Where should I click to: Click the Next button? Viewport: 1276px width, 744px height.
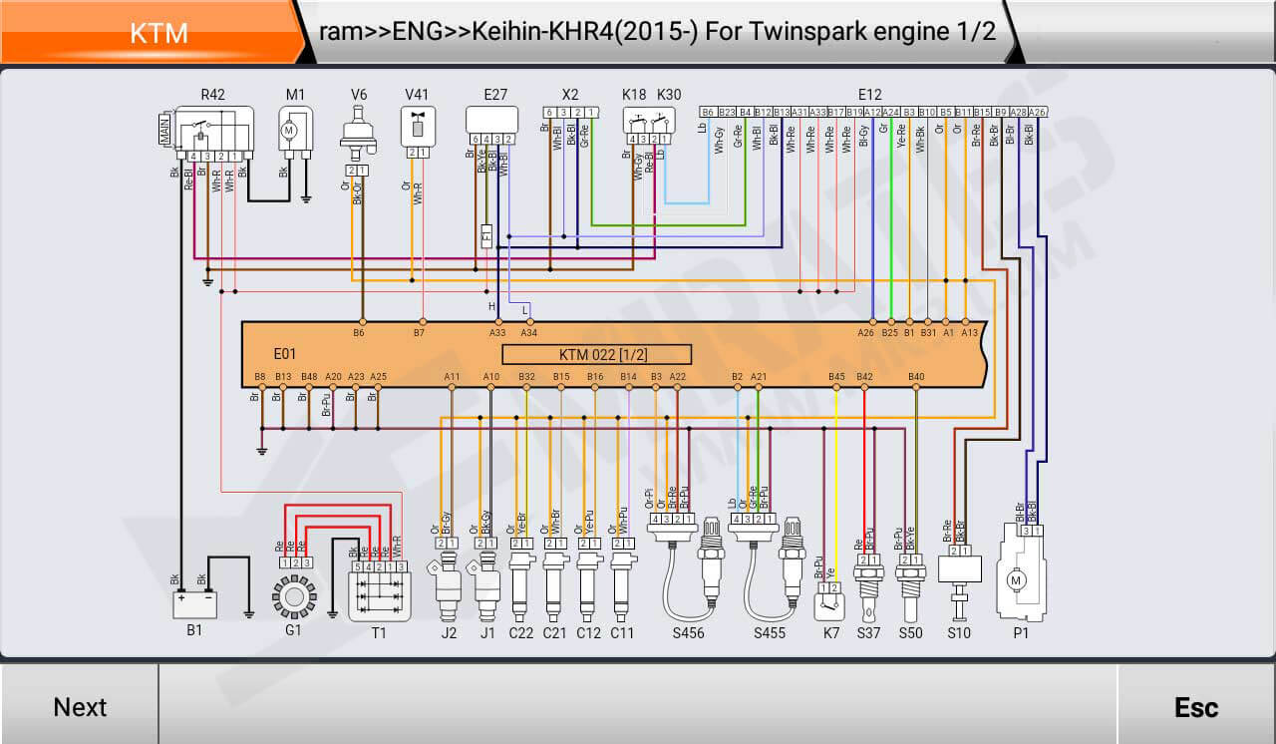tap(80, 706)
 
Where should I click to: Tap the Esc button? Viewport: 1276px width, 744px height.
tap(1195, 706)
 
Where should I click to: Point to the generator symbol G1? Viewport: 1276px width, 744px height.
tap(293, 596)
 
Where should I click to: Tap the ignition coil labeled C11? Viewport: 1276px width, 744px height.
tap(622, 587)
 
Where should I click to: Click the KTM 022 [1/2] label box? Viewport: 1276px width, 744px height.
tap(596, 354)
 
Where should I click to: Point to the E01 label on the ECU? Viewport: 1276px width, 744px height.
tap(285, 354)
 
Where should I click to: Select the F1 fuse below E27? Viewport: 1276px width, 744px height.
tap(486, 236)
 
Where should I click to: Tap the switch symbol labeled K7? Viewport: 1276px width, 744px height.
tap(827, 603)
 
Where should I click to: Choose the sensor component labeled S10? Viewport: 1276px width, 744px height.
tap(960, 573)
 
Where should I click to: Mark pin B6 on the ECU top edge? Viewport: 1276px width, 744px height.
tap(360, 322)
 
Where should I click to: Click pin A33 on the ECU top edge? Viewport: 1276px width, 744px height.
tap(497, 322)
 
